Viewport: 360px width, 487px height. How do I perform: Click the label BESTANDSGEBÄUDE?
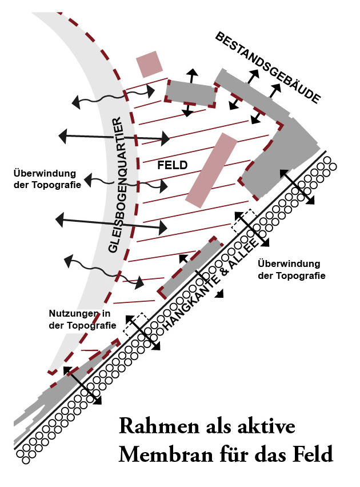(x=267, y=67)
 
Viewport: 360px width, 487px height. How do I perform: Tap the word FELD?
(x=173, y=165)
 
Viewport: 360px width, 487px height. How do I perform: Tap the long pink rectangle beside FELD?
(x=211, y=170)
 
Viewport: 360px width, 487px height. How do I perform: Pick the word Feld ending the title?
(x=311, y=456)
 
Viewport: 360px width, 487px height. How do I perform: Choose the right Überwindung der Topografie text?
(x=291, y=269)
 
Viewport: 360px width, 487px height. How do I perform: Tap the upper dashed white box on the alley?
(x=243, y=221)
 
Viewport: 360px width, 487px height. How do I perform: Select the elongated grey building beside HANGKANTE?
(x=190, y=268)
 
